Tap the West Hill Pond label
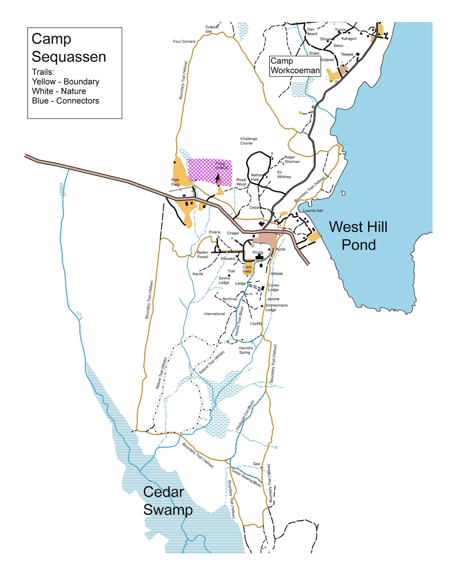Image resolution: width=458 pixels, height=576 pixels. [x=358, y=235]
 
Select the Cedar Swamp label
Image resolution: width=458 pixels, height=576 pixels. [x=168, y=502]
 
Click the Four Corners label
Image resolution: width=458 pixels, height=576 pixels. [x=184, y=42]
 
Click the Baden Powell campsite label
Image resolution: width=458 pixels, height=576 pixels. [x=203, y=254]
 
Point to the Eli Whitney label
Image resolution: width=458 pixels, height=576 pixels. [x=284, y=174]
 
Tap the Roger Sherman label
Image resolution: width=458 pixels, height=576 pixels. [x=292, y=159]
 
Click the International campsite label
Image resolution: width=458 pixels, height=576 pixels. [x=214, y=314]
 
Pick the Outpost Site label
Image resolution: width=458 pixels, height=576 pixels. [x=212, y=29]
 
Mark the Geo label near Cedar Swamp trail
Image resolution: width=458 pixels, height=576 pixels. [x=256, y=464]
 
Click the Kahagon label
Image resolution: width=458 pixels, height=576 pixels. [x=349, y=38]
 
